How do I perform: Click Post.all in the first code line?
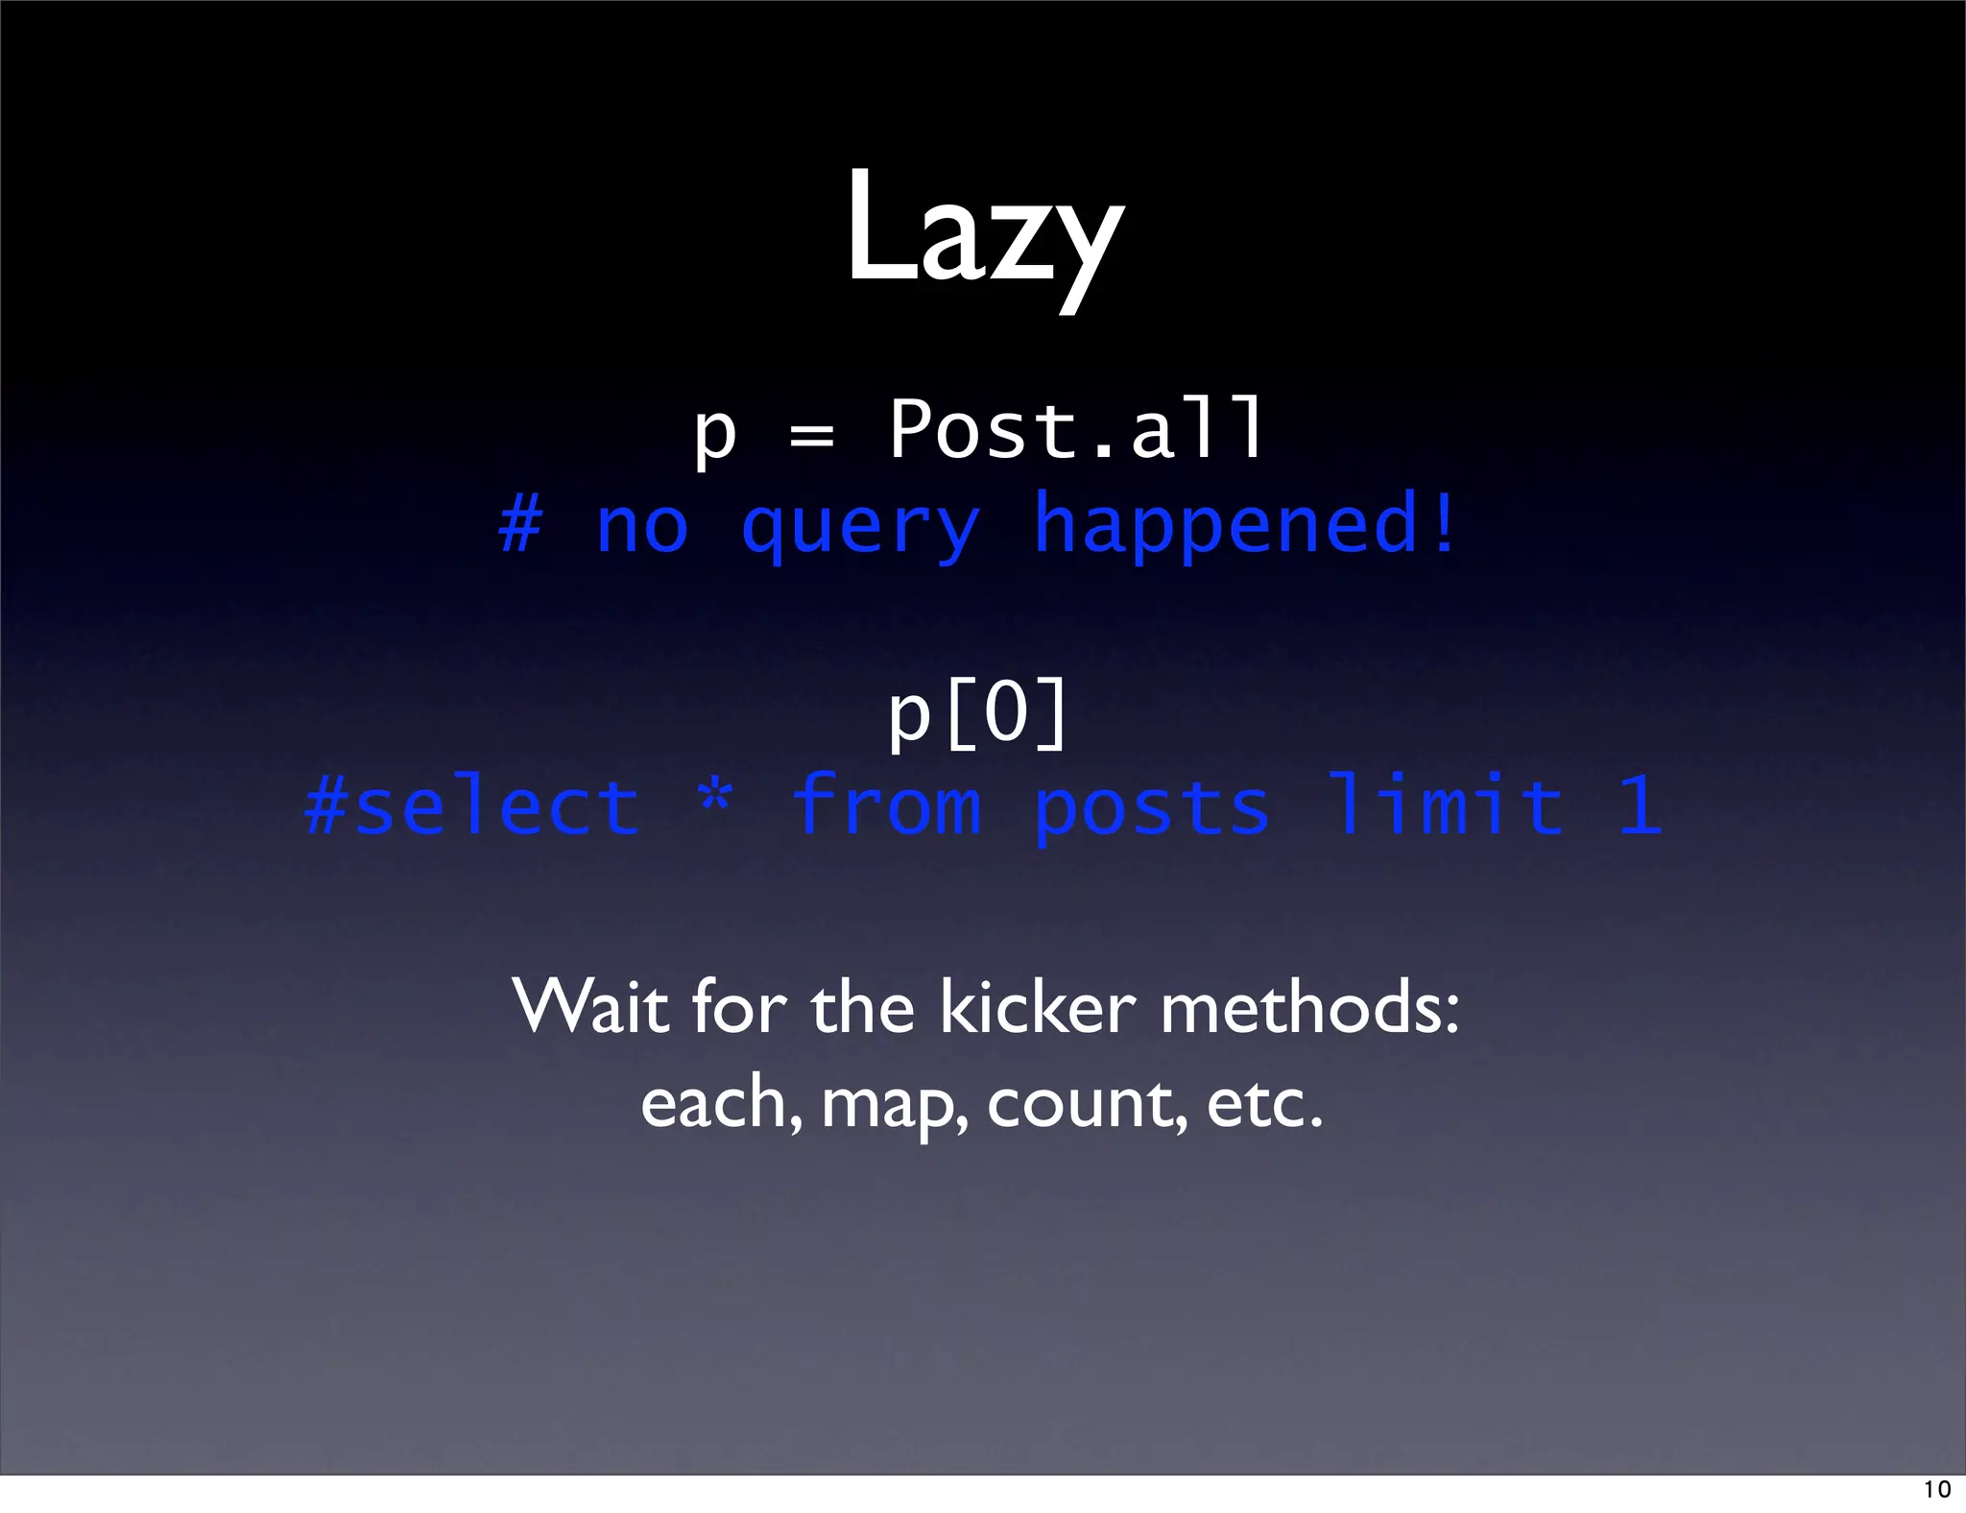(x=1076, y=429)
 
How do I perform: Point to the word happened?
(x=1245, y=524)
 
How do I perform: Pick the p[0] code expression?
(x=977, y=712)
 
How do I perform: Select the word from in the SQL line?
(x=886, y=805)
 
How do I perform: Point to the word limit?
(x=1445, y=805)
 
